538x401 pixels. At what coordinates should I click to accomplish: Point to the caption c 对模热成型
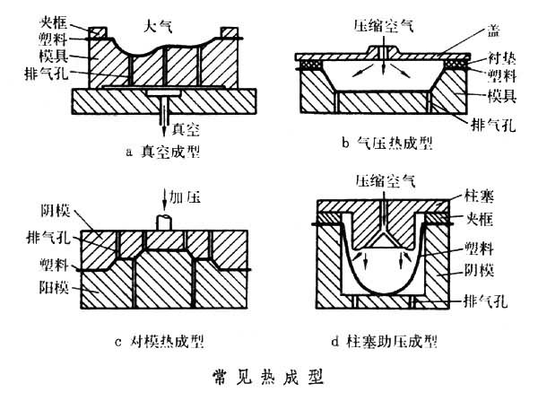161,340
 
